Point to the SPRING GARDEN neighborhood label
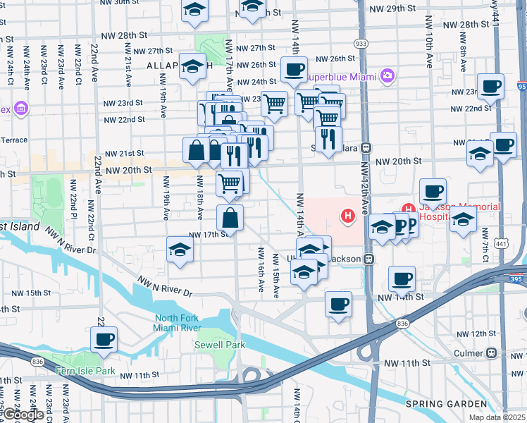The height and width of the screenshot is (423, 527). point(446,404)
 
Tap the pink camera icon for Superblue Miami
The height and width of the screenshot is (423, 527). point(387,75)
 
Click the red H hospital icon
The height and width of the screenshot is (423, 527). point(347,216)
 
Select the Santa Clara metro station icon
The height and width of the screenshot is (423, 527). point(366,148)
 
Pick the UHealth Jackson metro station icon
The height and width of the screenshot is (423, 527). point(367,259)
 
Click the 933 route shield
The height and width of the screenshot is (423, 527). point(361,44)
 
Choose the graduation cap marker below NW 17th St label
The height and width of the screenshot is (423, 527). point(180,250)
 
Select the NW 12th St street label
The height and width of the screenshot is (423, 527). point(470,333)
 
